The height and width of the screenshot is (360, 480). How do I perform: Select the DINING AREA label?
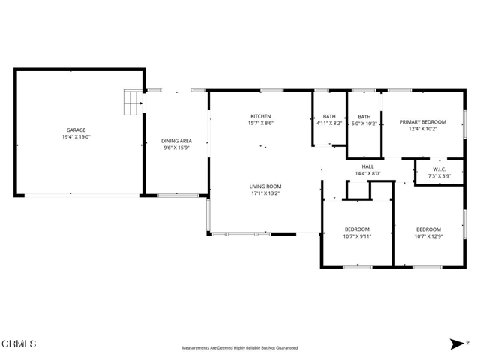click(177, 141)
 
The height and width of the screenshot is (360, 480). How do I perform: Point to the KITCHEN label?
click(260, 116)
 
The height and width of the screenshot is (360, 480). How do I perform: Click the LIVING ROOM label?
click(265, 187)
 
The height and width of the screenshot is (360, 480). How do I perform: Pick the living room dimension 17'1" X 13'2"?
click(265, 194)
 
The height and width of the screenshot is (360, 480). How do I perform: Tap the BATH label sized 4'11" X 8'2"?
click(329, 116)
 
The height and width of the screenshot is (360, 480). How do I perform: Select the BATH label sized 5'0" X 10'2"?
click(364, 116)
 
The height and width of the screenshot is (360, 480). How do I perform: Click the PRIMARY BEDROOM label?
click(423, 122)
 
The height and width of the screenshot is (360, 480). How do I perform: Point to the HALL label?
click(367, 166)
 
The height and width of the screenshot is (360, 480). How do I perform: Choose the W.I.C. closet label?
click(439, 169)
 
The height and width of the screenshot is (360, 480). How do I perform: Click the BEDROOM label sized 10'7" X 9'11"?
click(357, 229)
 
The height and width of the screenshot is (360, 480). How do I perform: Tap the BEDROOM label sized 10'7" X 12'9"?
click(428, 229)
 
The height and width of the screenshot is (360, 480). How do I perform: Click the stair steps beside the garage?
click(133, 103)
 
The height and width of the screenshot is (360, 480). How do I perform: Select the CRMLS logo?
click(19, 343)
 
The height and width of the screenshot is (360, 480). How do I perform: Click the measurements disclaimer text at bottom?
click(239, 348)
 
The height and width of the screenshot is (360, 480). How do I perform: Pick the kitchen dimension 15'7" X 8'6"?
click(260, 124)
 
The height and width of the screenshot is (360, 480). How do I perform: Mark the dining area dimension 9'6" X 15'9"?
click(177, 148)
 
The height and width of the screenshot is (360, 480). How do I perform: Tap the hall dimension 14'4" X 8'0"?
click(367, 174)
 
